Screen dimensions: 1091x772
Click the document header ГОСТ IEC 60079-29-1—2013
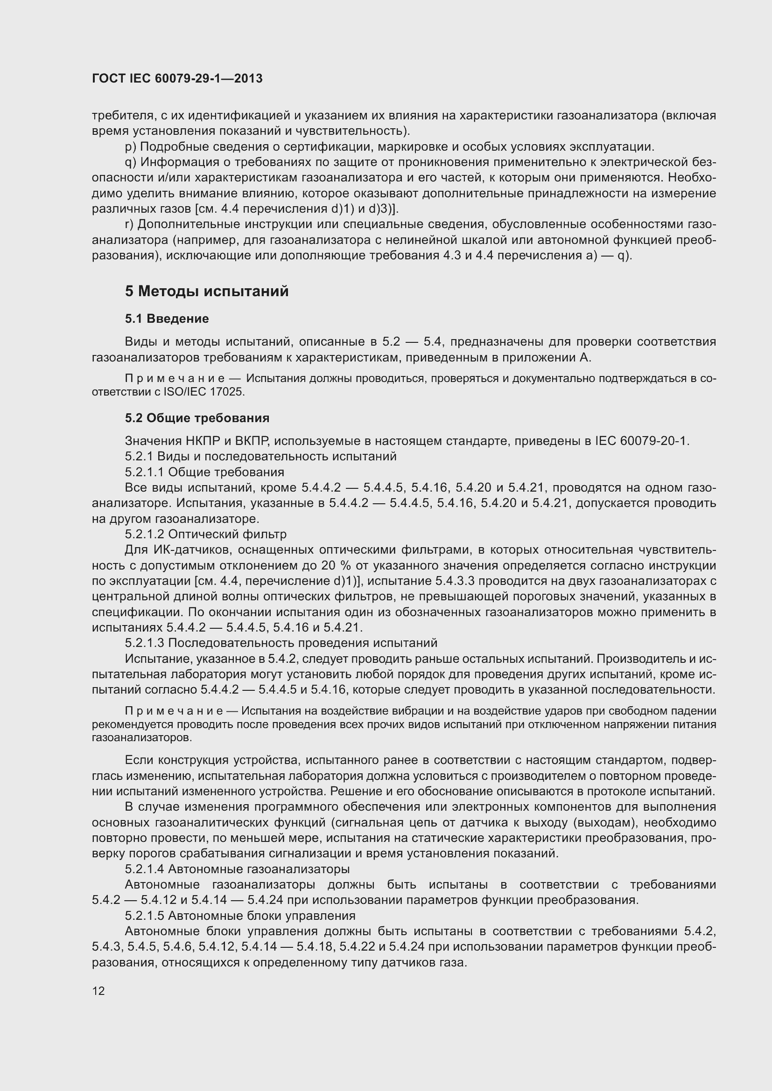coord(177,78)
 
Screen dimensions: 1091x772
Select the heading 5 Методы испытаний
coord(207,291)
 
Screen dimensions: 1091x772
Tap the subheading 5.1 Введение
coord(167,319)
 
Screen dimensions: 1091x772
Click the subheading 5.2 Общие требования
coord(197,418)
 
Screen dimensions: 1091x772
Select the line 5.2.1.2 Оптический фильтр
coord(206,534)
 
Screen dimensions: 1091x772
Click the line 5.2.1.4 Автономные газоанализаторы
coord(237,869)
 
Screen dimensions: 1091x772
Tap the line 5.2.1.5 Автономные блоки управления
coord(240,916)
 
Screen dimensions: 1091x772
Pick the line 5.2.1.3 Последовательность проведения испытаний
coord(281,643)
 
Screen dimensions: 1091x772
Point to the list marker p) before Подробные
coord(130,147)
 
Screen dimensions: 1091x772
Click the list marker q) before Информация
coord(130,162)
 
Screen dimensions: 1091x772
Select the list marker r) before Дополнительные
coord(129,224)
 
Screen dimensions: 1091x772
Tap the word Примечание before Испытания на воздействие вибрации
coord(174,711)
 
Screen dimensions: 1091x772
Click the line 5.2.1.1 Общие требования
coord(204,472)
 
